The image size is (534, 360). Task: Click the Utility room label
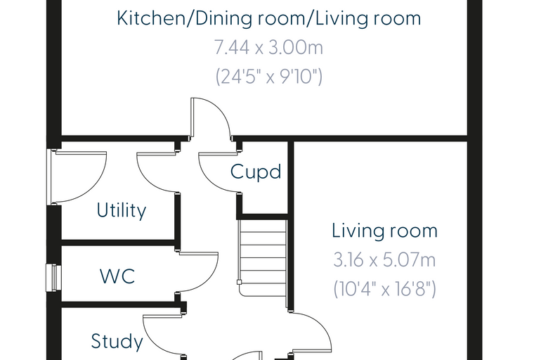122,210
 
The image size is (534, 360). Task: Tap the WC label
117,276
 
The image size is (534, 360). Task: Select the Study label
117,342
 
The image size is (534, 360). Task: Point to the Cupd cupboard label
256,172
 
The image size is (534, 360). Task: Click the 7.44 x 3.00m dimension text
268,47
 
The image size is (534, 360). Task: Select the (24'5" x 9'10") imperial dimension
268,77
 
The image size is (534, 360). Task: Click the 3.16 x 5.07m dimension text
384,260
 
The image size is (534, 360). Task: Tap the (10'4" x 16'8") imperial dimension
384,289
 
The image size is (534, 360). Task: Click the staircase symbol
263,258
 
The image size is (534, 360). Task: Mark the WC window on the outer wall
54,278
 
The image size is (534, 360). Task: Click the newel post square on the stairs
240,282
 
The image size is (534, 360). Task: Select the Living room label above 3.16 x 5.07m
384,231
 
